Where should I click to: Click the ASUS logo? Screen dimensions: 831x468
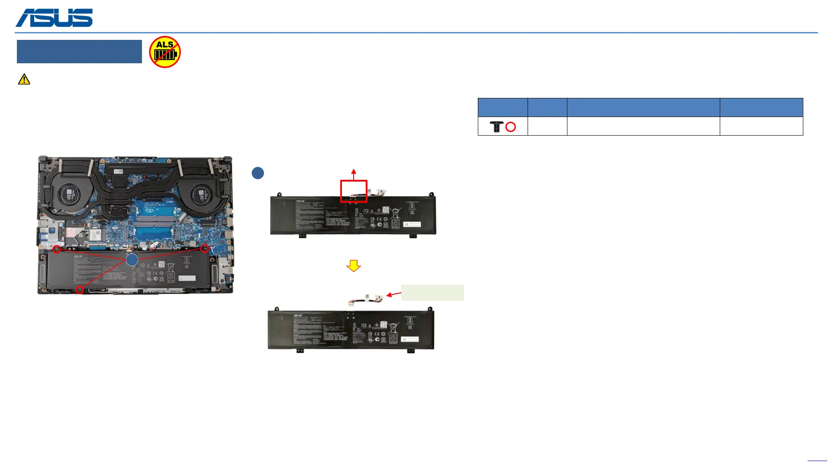click(54, 18)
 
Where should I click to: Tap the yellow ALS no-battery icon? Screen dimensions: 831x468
click(165, 52)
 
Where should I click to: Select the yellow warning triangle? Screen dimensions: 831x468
click(24, 79)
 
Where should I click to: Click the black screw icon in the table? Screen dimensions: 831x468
click(496, 127)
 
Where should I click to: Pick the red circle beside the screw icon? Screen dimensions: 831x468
click(511, 127)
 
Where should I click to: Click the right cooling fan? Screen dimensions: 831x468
click(200, 194)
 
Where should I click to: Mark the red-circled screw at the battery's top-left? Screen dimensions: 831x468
click(57, 250)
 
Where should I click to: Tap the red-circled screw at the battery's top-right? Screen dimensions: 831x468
click(205, 249)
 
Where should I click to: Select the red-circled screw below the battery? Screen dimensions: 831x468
click(80, 290)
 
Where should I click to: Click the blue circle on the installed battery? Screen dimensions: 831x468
click(132, 260)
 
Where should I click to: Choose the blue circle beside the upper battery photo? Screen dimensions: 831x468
click(258, 173)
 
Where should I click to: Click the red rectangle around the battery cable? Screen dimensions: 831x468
click(354, 191)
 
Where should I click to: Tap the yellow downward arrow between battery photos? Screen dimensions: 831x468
click(354, 266)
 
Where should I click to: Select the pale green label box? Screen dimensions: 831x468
click(432, 292)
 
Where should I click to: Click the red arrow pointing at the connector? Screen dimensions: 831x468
click(394, 294)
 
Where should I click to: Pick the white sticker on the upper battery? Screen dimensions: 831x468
click(412, 224)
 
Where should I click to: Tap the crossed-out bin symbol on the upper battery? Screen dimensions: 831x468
click(395, 213)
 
